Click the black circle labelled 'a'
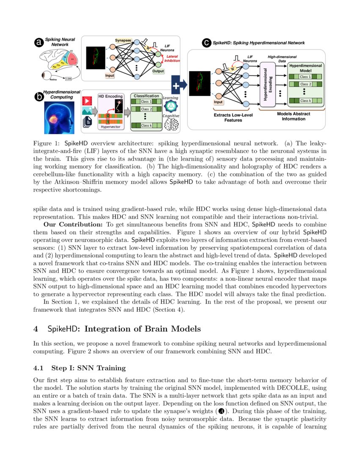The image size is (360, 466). click(39, 42)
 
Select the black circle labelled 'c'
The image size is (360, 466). click(207, 43)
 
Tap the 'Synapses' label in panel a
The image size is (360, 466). click(123, 40)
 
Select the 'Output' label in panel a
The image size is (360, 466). click(158, 71)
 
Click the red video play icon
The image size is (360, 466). click(88, 101)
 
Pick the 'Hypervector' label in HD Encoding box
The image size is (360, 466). click(110, 126)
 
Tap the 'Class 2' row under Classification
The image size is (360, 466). click(146, 109)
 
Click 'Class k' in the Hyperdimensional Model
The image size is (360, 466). click(305, 101)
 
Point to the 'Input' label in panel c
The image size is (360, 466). click(218, 102)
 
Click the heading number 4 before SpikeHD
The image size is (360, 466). click(36, 329)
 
